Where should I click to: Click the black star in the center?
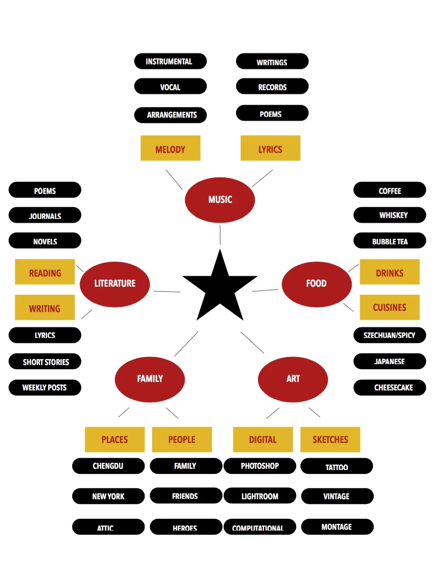(x=220, y=288)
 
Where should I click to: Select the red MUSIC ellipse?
(x=220, y=199)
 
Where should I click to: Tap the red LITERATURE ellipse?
(x=115, y=284)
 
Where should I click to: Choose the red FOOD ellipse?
(x=317, y=284)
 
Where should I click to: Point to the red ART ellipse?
(x=293, y=379)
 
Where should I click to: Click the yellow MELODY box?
(x=170, y=148)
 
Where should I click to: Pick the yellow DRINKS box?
(x=390, y=272)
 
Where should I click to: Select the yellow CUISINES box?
(x=390, y=307)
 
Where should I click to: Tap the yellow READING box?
(x=45, y=272)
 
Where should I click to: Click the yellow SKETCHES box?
(x=330, y=440)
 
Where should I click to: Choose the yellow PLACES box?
(x=115, y=440)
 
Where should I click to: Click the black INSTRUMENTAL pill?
(x=170, y=61)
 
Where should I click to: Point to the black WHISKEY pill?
(x=390, y=215)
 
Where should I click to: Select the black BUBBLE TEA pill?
(x=390, y=241)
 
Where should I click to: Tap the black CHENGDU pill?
(x=109, y=466)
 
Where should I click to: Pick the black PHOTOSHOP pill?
(x=260, y=466)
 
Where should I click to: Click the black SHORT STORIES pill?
(x=45, y=362)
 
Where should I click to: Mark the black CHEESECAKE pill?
(x=390, y=387)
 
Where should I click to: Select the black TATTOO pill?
(x=337, y=466)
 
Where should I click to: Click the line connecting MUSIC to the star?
(x=220, y=235)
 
